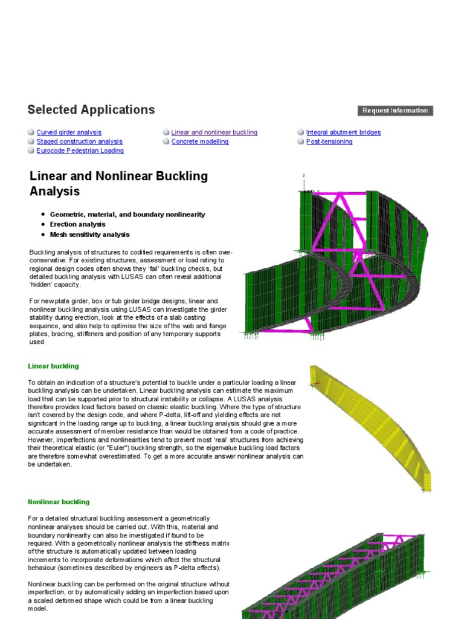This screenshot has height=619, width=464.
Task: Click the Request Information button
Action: tap(396, 111)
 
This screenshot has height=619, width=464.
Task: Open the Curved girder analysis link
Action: tap(69, 132)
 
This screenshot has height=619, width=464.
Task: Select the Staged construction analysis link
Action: tap(79, 141)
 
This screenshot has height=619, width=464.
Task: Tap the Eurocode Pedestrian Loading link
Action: tap(80, 151)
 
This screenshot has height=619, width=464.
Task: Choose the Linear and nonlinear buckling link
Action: tap(214, 132)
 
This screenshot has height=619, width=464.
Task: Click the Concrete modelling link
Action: tap(199, 141)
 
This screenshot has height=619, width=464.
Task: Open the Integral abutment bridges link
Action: tap(343, 132)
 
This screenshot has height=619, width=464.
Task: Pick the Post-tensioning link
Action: tap(329, 141)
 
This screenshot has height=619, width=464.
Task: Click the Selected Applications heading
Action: tap(91, 110)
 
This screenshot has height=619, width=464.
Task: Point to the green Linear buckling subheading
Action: tap(53, 366)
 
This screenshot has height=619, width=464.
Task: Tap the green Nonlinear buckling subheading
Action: tap(58, 502)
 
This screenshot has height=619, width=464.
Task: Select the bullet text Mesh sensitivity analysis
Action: tap(89, 235)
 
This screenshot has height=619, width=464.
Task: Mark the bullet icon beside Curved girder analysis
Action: tap(31, 132)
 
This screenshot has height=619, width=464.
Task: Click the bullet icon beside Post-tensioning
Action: tap(301, 141)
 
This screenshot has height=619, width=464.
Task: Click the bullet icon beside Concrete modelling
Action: tap(166, 141)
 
